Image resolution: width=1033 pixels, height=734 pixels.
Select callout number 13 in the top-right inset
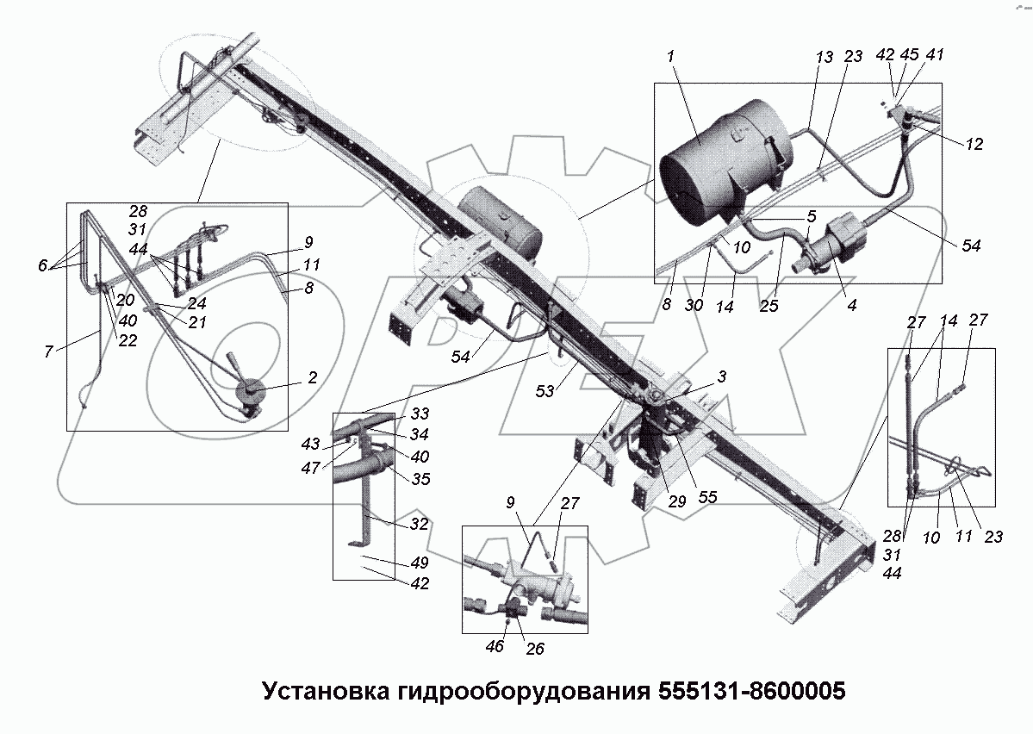pyautogui.click(x=825, y=57)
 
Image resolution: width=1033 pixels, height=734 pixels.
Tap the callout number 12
pyautogui.click(x=974, y=144)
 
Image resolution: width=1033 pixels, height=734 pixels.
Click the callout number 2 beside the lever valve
pyautogui.click(x=312, y=377)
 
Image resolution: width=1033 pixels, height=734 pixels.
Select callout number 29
pyautogui.click(x=676, y=500)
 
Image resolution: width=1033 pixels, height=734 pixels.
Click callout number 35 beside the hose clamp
pyautogui.click(x=420, y=478)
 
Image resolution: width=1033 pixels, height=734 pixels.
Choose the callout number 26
pyautogui.click(x=534, y=649)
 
